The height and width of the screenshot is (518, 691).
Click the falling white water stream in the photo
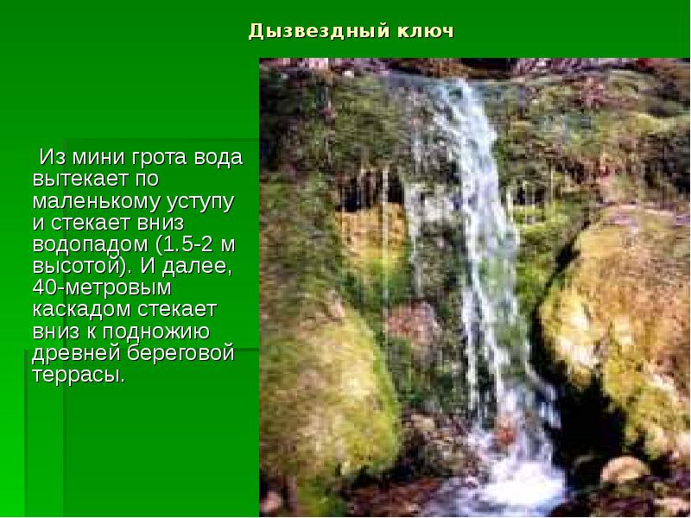471,242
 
